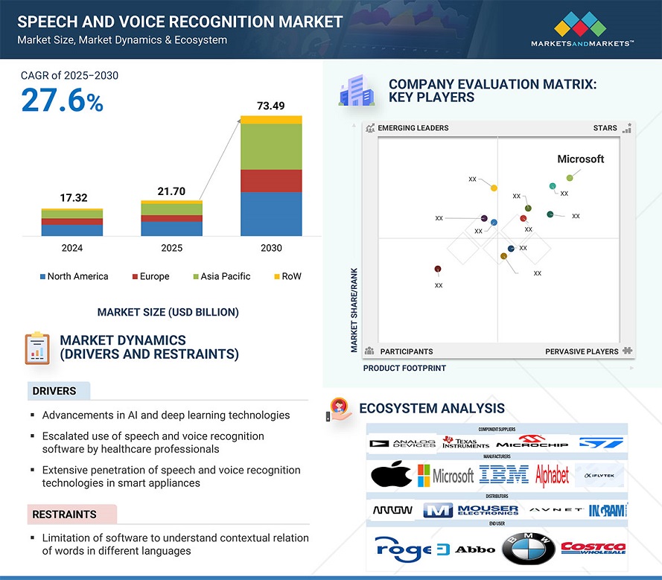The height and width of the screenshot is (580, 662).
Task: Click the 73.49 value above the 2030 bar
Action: pos(271,106)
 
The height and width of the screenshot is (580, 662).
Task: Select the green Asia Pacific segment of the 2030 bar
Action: pos(271,147)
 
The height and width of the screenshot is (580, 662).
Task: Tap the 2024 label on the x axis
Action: pos(72,248)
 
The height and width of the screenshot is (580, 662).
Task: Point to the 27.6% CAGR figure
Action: pos(62,101)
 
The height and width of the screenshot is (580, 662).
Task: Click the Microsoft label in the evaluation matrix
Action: pos(581,159)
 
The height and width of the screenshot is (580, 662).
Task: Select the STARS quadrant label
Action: pos(605,128)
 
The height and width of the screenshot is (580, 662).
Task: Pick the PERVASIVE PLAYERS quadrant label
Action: pos(582,351)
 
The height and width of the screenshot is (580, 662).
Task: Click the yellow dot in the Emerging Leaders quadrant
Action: pos(494,188)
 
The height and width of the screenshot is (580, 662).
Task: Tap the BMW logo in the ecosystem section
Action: pos(529,549)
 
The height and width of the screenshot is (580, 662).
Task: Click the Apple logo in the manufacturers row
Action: pos(391,474)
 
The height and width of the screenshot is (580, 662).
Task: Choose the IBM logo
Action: pos(503,474)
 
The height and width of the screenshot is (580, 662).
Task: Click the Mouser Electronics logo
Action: pos(471,510)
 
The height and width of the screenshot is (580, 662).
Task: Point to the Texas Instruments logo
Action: pos(466,442)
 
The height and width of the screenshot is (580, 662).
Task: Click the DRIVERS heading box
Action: pos(58,391)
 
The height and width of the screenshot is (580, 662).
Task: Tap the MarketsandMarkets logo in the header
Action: pos(582,30)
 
